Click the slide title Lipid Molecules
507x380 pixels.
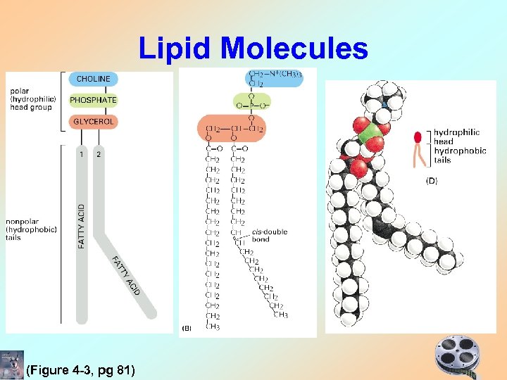[253, 49]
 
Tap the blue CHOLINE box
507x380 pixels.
[93, 79]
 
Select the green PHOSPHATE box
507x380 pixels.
[93, 100]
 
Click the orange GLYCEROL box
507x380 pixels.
[93, 122]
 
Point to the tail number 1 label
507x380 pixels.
[82, 154]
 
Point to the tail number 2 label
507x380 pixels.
[98, 154]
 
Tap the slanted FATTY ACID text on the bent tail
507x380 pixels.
[125, 277]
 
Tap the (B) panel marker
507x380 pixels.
[187, 328]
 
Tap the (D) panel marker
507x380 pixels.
[430, 181]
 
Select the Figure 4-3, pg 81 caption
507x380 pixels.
[80, 370]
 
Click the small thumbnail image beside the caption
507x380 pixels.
[13, 362]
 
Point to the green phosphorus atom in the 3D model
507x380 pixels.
[370, 134]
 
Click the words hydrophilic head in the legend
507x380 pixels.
[456, 137]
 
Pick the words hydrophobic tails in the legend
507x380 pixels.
[460, 156]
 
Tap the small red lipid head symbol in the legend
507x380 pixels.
[418, 137]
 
